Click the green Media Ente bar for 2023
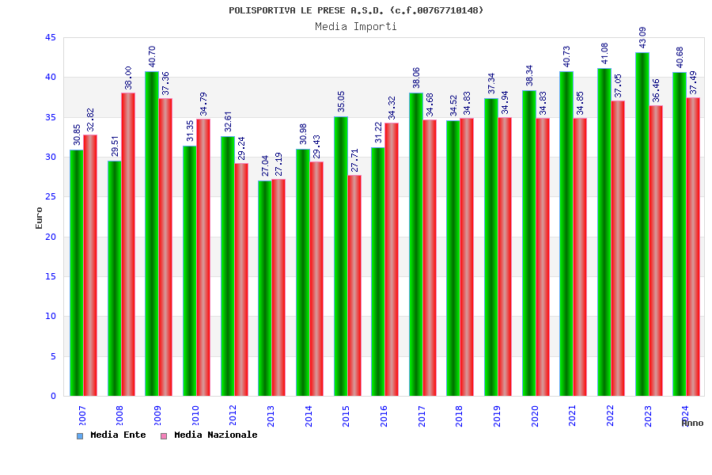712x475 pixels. coord(642,224)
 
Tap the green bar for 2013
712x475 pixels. coord(264,288)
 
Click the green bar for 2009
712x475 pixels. coord(151,234)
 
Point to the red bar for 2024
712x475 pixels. coord(693,246)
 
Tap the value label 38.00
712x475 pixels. coord(128,78)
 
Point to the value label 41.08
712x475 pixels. coord(604,53)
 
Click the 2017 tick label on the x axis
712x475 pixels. coord(422,416)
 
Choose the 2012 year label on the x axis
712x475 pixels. coord(233,416)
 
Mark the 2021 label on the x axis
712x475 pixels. coord(573,416)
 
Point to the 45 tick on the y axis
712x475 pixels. coord(51,38)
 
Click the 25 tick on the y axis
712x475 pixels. coord(51,197)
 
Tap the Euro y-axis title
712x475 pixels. coord(40,218)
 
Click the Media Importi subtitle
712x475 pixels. coord(356,26)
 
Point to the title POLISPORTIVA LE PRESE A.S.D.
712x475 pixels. coord(356,10)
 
